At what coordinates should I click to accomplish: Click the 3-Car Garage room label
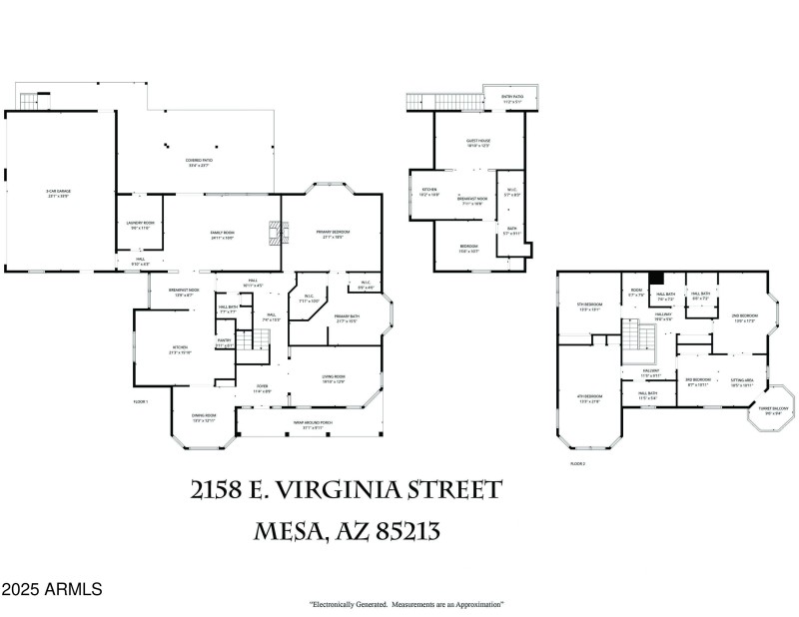pyautogui.click(x=57, y=193)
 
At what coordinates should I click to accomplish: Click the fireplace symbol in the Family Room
pyautogui.click(x=276, y=233)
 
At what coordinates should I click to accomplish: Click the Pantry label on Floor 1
pyautogui.click(x=224, y=342)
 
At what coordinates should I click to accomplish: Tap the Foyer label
pyautogui.click(x=262, y=389)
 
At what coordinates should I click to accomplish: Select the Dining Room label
pyautogui.click(x=204, y=417)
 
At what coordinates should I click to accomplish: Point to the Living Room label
pyautogui.click(x=333, y=379)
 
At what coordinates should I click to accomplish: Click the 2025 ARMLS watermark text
pyautogui.click(x=51, y=590)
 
